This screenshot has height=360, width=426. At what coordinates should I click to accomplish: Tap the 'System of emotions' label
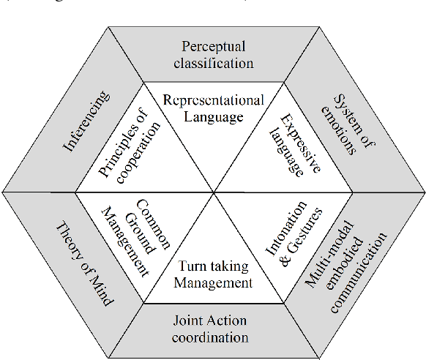(x=341, y=124)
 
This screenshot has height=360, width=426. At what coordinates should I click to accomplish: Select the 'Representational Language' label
(x=212, y=108)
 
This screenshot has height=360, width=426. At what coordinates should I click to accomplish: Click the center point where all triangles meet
(x=213, y=192)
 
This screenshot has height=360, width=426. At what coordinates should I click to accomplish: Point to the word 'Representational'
(x=212, y=100)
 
